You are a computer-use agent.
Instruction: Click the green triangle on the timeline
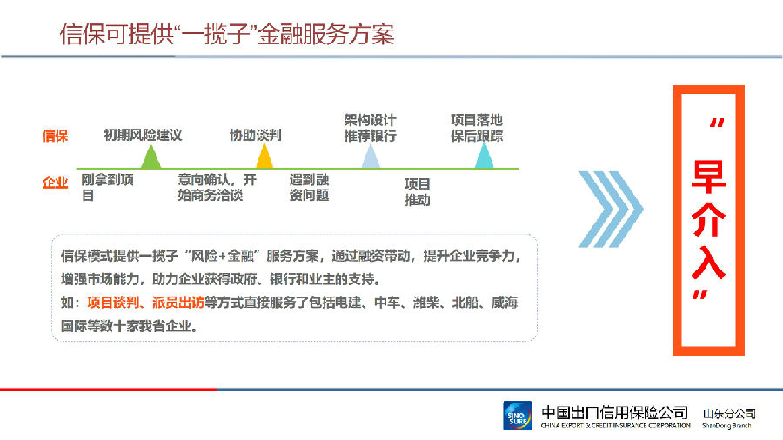pyautogui.click(x=151, y=157)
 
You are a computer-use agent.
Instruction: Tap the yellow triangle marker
pyautogui.click(x=264, y=157)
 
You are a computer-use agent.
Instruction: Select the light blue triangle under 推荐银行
pyautogui.click(x=371, y=157)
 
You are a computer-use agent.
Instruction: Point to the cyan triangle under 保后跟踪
pyautogui.click(x=484, y=157)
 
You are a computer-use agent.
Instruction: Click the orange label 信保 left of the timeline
pyautogui.click(x=55, y=136)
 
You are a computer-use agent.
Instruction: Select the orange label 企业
pyautogui.click(x=55, y=183)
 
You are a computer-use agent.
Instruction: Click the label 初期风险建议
pyautogui.click(x=143, y=135)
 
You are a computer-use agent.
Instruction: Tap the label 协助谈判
pyautogui.click(x=255, y=135)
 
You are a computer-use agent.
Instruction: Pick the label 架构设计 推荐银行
pyautogui.click(x=370, y=128)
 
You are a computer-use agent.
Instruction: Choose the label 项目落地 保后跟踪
pyautogui.click(x=477, y=128)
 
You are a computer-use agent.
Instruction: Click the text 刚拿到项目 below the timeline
pyautogui.click(x=107, y=188)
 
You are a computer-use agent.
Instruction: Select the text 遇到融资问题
pyautogui.click(x=309, y=188)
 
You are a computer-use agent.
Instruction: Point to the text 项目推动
pyautogui.click(x=417, y=192)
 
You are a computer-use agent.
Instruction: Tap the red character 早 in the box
pyautogui.click(x=708, y=177)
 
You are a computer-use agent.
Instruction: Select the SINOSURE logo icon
pyautogui.click(x=518, y=416)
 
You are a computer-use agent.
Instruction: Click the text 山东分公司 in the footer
pyautogui.click(x=729, y=414)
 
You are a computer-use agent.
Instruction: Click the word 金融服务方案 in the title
pyautogui.click(x=326, y=35)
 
